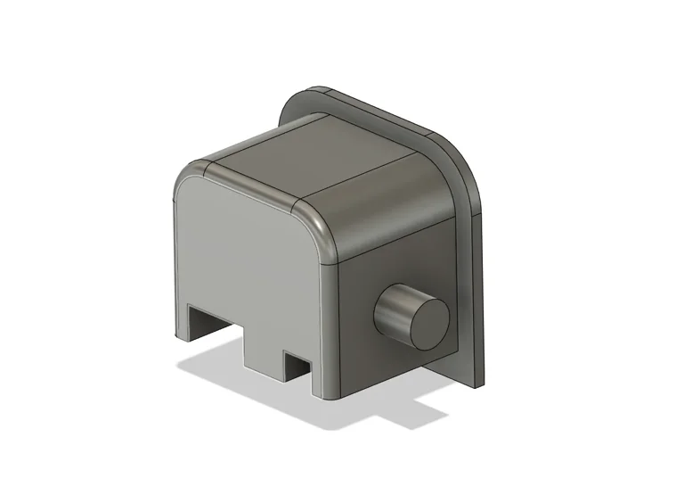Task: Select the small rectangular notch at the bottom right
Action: click(297, 363)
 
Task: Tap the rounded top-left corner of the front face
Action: click(183, 183)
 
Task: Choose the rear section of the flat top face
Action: click(356, 143)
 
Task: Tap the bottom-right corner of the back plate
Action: click(481, 379)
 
